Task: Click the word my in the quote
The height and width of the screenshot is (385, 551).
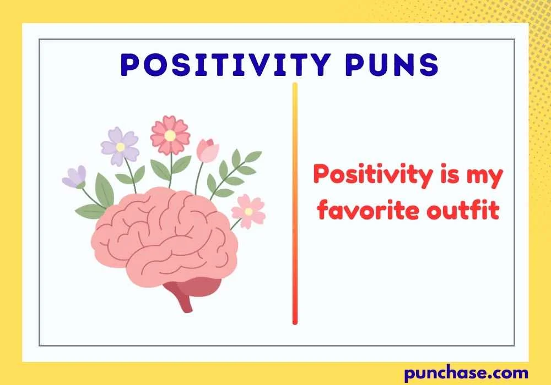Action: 486,177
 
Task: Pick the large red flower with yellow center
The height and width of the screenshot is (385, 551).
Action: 170,134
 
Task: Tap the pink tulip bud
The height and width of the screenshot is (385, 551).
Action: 208,151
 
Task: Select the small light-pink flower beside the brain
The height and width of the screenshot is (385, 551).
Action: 248,211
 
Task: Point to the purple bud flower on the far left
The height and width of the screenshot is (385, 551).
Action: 74,177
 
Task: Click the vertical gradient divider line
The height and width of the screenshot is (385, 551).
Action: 295,204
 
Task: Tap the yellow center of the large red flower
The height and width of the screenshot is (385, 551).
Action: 170,135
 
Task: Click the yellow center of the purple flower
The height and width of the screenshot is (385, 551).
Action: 120,147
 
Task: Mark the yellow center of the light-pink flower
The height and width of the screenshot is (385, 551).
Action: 249,211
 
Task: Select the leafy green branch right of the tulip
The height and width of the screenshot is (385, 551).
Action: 234,170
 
